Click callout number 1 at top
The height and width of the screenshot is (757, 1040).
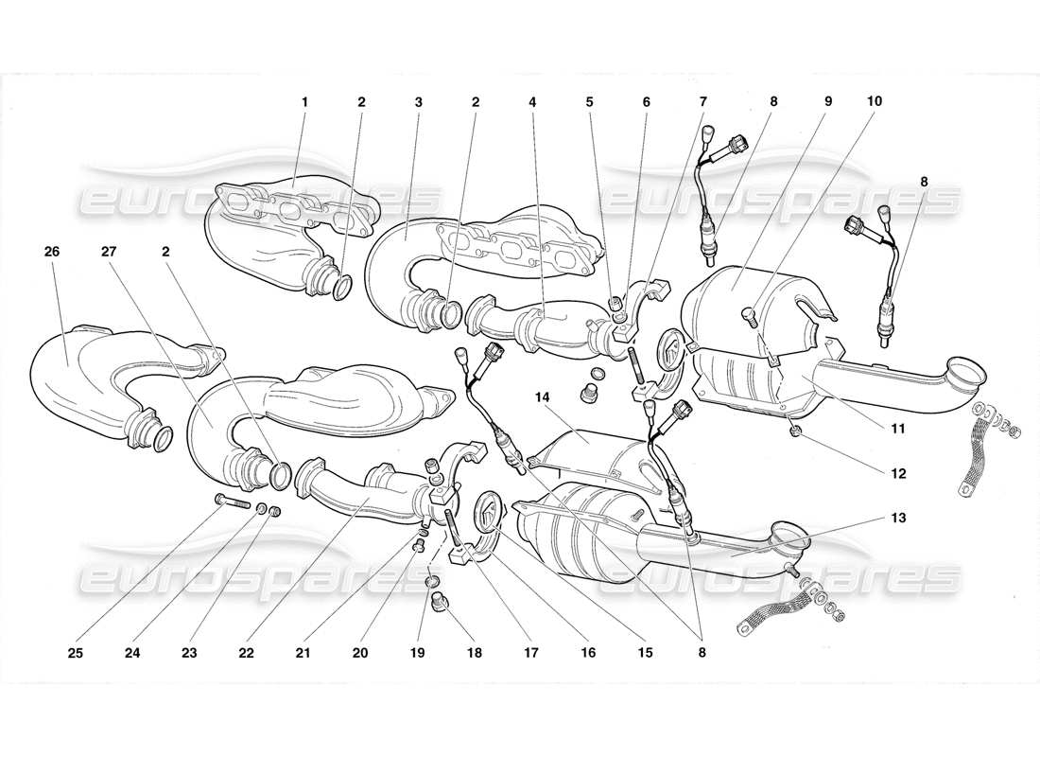point(305,101)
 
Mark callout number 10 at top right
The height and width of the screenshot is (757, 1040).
point(875,101)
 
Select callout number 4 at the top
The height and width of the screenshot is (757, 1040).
point(533,101)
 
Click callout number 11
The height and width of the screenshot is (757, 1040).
point(897,429)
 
